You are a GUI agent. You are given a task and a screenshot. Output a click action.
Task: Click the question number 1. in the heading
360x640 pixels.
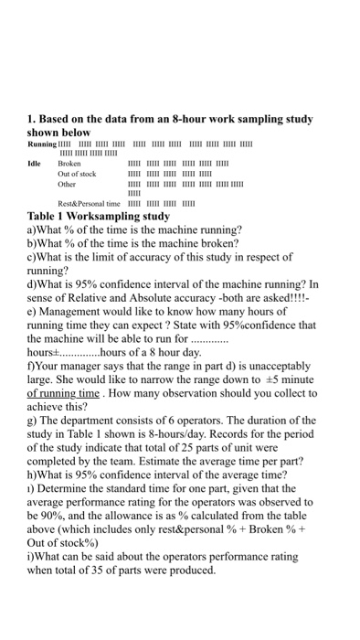32,119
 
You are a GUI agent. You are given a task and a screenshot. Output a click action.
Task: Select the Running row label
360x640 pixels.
42,144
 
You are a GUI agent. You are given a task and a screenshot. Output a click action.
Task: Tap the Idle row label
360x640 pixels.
37,164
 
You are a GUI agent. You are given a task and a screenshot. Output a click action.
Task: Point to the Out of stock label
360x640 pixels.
76,174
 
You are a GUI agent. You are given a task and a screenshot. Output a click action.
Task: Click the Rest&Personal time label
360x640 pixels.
87,203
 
